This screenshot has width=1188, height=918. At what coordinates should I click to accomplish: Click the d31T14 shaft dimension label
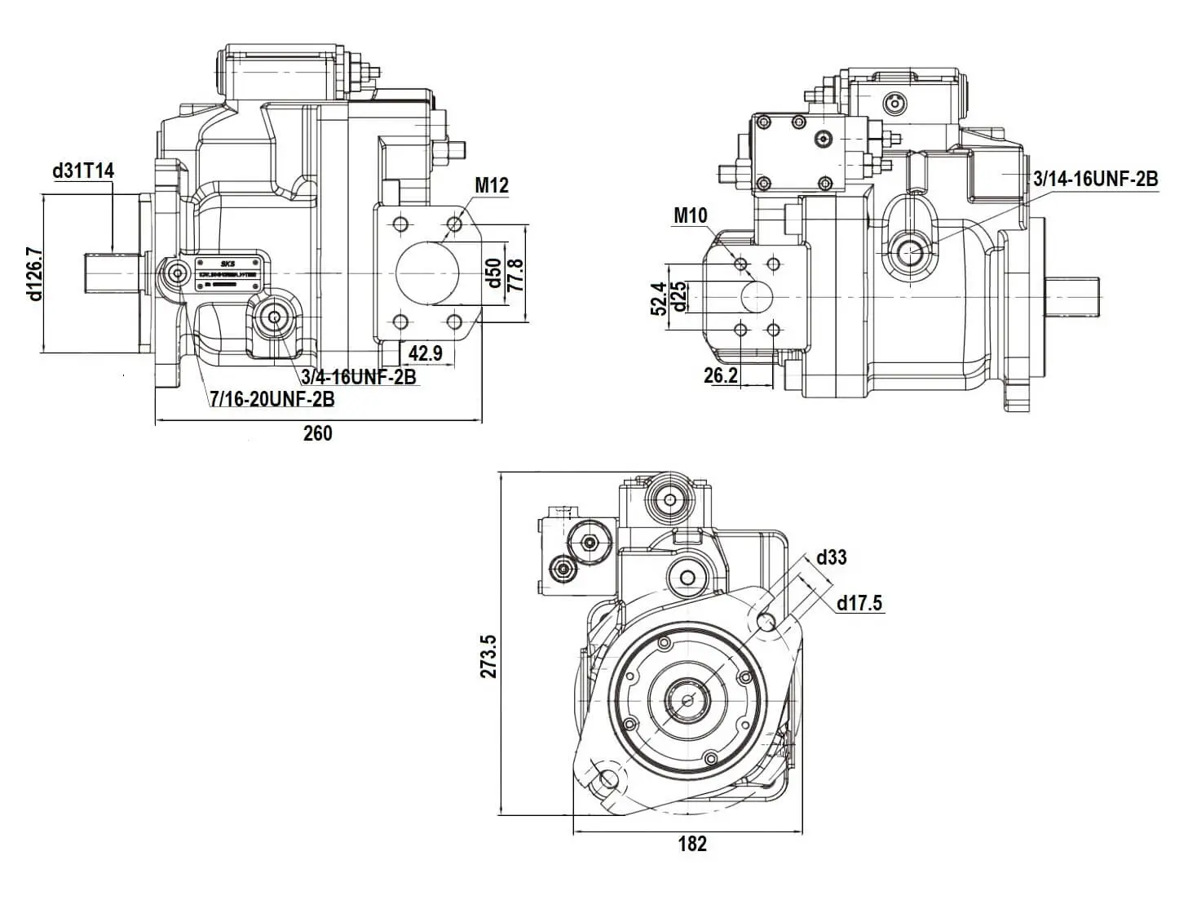(83, 171)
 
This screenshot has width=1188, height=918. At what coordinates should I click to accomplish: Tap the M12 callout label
(492, 185)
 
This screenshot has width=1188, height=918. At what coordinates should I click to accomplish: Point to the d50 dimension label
(492, 273)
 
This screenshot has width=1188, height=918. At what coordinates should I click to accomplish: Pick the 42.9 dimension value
(425, 353)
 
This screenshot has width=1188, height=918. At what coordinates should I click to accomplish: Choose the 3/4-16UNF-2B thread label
(359, 376)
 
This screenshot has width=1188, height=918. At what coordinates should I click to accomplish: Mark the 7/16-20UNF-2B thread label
(272, 399)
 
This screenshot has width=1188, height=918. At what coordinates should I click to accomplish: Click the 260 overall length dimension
(317, 433)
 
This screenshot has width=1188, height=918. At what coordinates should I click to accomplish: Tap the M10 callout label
(691, 215)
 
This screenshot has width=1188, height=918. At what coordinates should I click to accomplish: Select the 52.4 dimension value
(660, 298)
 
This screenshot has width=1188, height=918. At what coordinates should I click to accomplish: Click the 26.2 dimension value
(721, 375)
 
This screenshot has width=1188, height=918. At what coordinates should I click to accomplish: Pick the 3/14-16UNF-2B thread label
(1095, 179)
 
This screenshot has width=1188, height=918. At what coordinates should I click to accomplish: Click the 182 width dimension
(691, 844)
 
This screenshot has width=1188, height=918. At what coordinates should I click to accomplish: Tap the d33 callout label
(831, 557)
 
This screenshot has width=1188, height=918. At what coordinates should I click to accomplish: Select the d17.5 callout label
(859, 603)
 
